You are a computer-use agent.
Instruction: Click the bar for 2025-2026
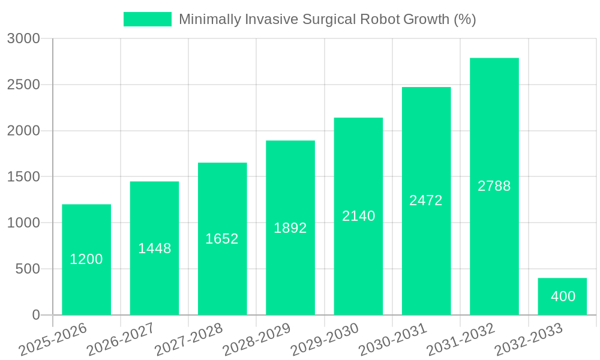pyautogui.click(x=86, y=259)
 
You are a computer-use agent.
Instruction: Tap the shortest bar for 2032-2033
pyautogui.click(x=562, y=296)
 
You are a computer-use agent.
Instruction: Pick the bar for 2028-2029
pyautogui.click(x=290, y=227)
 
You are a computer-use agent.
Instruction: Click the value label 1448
pyautogui.click(x=155, y=248)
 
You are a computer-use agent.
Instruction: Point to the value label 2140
pyautogui.click(x=359, y=216)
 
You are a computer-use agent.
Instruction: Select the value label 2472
pyautogui.click(x=426, y=200)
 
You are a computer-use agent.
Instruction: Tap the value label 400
pyautogui.click(x=563, y=296)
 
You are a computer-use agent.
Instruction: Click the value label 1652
pyautogui.click(x=222, y=239)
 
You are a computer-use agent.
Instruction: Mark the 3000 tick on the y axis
pyautogui.click(x=23, y=39)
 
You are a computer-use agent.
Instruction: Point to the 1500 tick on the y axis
pyautogui.click(x=23, y=177)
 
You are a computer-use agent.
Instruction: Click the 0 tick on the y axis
pyautogui.click(x=35, y=315)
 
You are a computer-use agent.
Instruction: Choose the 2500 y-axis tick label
pyautogui.click(x=23, y=85)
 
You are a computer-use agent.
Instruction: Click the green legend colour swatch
pyautogui.click(x=147, y=19)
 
